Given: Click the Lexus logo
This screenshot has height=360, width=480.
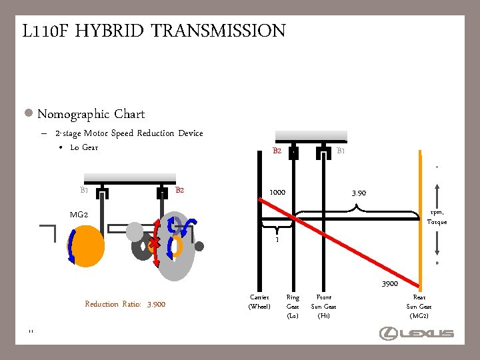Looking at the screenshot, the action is (x=417, y=333).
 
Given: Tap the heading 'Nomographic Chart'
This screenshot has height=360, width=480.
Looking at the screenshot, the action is (x=91, y=114).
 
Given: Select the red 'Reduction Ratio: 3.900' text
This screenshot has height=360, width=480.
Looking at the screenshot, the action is (x=125, y=304).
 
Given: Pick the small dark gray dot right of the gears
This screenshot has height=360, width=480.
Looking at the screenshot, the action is (x=199, y=246).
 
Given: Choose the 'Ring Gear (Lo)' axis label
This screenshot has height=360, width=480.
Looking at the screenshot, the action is (x=293, y=306).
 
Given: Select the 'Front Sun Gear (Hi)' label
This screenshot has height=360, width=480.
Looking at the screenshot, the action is (x=324, y=306).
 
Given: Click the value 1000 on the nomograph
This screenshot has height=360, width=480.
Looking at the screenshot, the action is (x=277, y=193).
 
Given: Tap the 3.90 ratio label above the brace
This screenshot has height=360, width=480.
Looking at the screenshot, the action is (x=359, y=193).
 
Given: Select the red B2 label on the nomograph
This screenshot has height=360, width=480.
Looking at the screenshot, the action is (x=277, y=151).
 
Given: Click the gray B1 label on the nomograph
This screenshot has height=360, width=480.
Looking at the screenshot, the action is (x=341, y=151).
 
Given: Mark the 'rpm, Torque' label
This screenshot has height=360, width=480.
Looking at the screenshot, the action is (x=437, y=217).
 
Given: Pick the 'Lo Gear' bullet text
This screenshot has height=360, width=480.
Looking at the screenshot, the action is (x=84, y=147).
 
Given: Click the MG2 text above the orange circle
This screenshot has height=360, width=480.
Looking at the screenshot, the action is (x=79, y=215).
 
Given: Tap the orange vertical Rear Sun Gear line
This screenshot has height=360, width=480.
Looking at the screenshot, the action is (x=421, y=220).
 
